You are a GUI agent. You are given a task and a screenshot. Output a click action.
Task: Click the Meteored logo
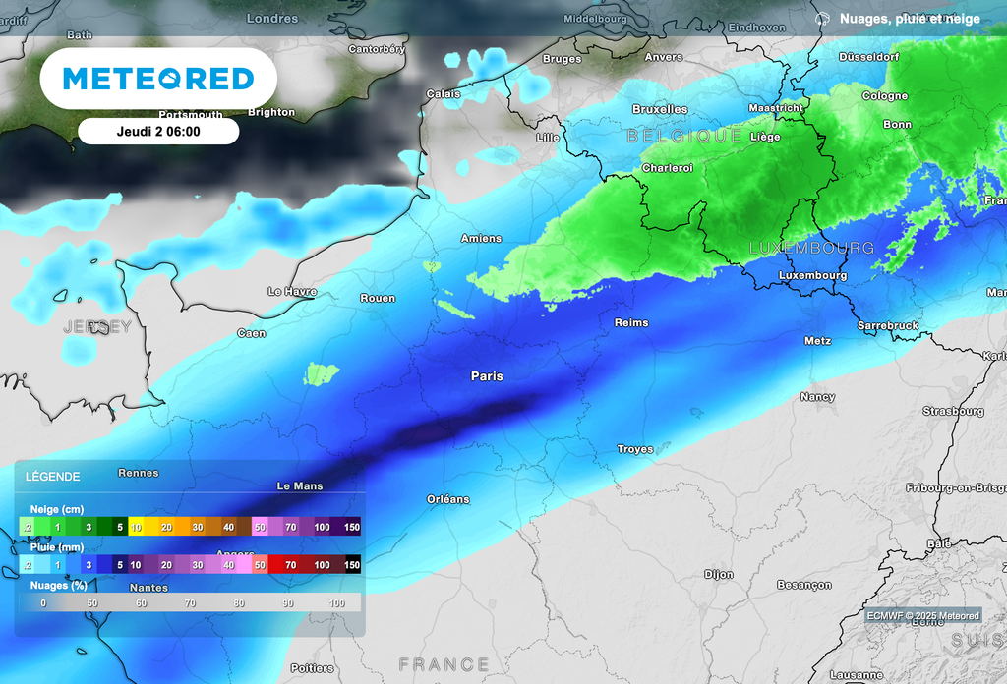(x=158, y=79)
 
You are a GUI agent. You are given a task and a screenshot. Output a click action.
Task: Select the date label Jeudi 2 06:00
(x=158, y=131)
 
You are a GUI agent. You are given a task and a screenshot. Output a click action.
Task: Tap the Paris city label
(x=487, y=376)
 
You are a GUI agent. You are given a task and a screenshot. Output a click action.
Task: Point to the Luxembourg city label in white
(x=812, y=275)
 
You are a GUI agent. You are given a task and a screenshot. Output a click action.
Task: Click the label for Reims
(x=631, y=322)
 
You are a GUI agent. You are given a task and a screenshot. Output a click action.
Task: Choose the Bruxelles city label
(x=660, y=109)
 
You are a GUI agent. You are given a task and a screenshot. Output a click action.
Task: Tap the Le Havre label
(x=292, y=292)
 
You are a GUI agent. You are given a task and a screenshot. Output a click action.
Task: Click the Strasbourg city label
(x=953, y=411)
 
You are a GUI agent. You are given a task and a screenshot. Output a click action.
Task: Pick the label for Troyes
(x=635, y=449)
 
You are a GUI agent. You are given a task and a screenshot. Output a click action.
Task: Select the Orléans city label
(x=447, y=499)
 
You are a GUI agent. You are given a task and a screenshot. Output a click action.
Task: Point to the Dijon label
(x=719, y=575)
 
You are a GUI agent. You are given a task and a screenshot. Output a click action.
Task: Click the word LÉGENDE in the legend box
(x=53, y=477)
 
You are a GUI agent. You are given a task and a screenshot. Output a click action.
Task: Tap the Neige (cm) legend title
(x=57, y=509)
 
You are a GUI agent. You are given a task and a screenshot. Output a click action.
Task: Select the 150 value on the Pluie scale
(x=351, y=565)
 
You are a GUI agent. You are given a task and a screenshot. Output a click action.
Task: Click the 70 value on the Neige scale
(x=291, y=528)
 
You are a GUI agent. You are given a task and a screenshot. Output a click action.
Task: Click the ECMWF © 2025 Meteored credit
(x=922, y=616)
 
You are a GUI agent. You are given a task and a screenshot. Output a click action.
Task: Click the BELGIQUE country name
(x=684, y=136)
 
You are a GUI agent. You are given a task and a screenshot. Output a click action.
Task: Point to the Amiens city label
(x=481, y=238)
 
